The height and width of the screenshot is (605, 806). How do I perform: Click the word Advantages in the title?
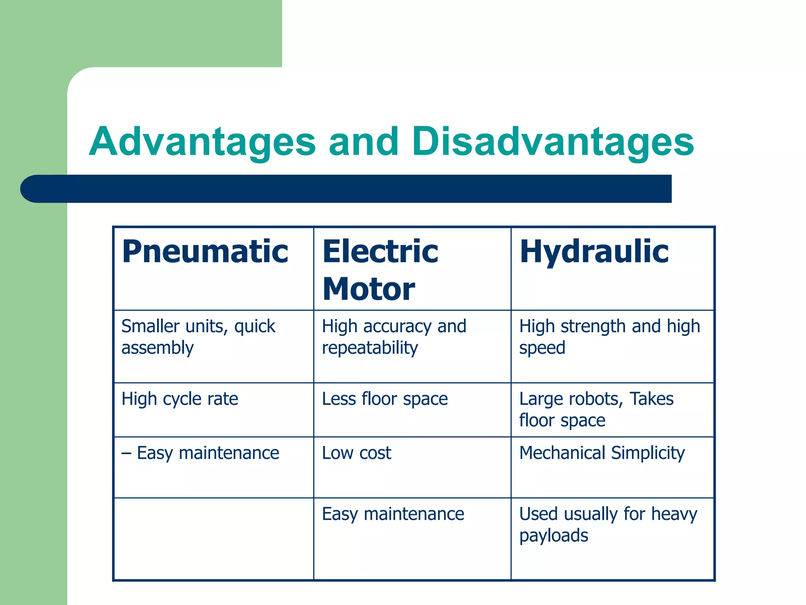pyautogui.click(x=202, y=142)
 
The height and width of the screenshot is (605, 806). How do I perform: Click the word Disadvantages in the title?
pyautogui.click(x=553, y=142)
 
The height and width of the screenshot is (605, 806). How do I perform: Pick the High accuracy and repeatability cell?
pyautogui.click(x=394, y=337)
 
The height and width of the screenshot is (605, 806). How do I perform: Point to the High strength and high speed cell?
pyautogui.click(x=609, y=337)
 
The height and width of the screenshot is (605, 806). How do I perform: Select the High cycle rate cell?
pyautogui.click(x=180, y=399)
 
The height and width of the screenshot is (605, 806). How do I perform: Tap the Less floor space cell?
pyautogui.click(x=385, y=399)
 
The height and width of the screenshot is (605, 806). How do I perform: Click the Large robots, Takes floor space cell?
pyautogui.click(x=596, y=409)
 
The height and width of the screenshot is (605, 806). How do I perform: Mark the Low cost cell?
pyautogui.click(x=357, y=453)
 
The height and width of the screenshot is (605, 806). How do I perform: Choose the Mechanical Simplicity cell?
pyautogui.click(x=602, y=453)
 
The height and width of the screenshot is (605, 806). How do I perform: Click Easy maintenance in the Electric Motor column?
pyautogui.click(x=393, y=514)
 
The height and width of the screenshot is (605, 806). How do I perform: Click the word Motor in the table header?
pyautogui.click(x=369, y=289)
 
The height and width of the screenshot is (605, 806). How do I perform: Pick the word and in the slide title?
pyautogui.click(x=364, y=142)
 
